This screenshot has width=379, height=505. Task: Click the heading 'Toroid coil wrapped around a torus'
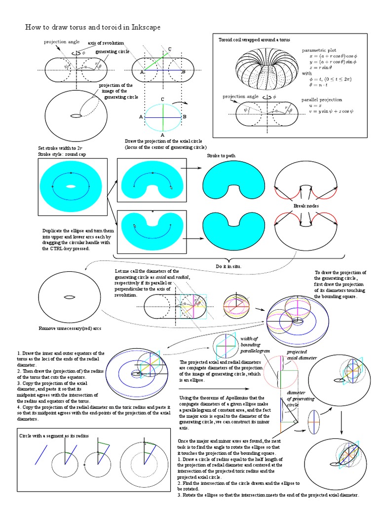coord(254,39)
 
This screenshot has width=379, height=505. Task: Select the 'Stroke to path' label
coord(221,156)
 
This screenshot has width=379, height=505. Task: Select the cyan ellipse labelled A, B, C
coord(162,117)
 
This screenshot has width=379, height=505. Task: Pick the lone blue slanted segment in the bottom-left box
coord(41,454)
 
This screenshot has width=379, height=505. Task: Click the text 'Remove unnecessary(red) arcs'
coord(70,328)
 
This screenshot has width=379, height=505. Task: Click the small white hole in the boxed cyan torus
coord(71,186)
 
